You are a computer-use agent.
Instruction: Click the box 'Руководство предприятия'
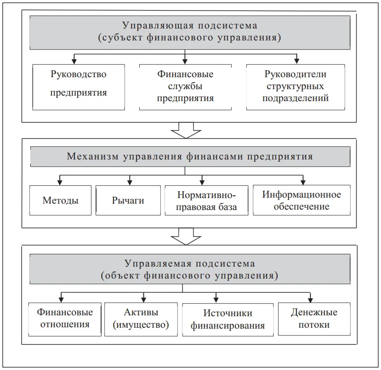pyautogui.click(x=79, y=87)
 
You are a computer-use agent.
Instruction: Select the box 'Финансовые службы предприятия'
pyautogui.click(x=185, y=87)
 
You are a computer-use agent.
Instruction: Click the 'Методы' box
pyautogui.click(x=60, y=200)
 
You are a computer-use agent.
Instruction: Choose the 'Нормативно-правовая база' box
pyautogui.click(x=207, y=200)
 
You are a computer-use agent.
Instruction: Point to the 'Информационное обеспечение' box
pyautogui.click(x=301, y=200)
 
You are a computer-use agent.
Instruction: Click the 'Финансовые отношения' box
pyautogui.click(x=64, y=318)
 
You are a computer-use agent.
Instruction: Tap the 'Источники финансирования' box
pyautogui.click(x=227, y=319)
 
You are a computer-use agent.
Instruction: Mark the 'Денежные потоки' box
pyautogui.click(x=314, y=318)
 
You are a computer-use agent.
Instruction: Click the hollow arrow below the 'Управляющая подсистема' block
pyautogui.click(x=185, y=130)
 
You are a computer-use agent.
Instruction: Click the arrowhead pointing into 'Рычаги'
pyautogui.click(x=130, y=182)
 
